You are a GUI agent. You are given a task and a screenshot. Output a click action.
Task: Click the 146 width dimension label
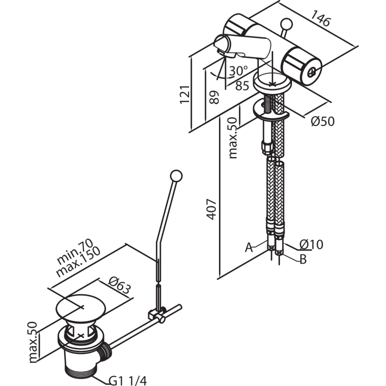[x=320, y=18]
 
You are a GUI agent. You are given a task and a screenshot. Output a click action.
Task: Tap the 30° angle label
[x=238, y=71]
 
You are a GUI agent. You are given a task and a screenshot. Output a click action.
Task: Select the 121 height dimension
[x=185, y=95]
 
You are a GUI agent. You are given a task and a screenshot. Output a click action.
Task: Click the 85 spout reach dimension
[x=242, y=86]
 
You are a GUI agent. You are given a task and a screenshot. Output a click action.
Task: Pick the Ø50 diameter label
[x=323, y=121]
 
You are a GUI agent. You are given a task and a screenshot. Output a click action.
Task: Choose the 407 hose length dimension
[x=212, y=209]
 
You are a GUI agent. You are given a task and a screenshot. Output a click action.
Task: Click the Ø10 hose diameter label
[x=311, y=244]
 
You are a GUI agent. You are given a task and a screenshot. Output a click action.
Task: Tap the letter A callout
[x=249, y=247]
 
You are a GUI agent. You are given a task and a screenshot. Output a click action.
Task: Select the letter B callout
[x=303, y=259]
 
